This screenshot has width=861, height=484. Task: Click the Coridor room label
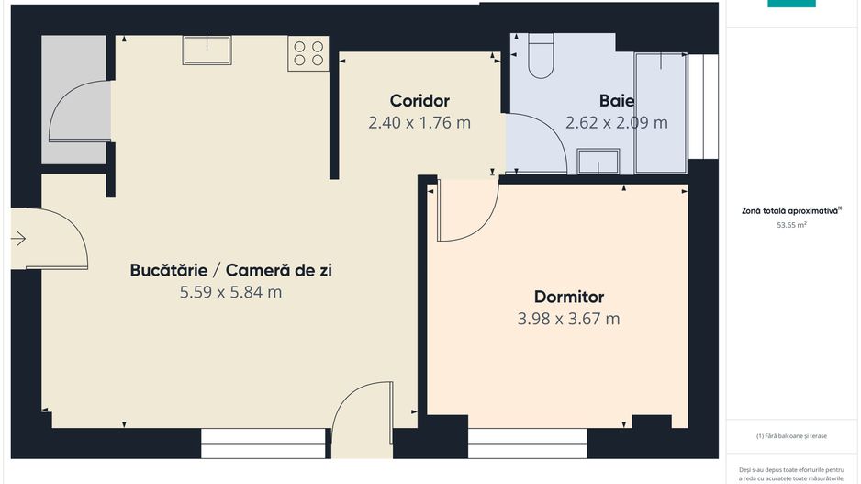pyautogui.click(x=419, y=101)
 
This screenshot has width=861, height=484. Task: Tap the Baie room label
pyautogui.click(x=616, y=101)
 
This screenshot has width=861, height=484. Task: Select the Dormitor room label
pyautogui.click(x=568, y=297)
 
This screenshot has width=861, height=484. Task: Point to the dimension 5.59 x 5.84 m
pyautogui.click(x=230, y=293)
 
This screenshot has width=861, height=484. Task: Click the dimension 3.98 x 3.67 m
pyautogui.click(x=568, y=319)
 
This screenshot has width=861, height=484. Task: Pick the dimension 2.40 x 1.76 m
pyautogui.click(x=419, y=122)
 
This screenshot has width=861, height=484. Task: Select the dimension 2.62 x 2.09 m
pyautogui.click(x=616, y=122)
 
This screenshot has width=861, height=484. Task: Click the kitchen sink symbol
pyautogui.click(x=207, y=50)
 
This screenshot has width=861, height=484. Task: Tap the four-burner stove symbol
pyautogui.click(x=308, y=54)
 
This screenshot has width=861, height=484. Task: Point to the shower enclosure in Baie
pyautogui.click(x=660, y=112)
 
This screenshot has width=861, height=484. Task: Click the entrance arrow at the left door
pyautogui.click(x=18, y=239)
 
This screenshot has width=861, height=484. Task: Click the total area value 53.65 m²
pyautogui.click(x=791, y=224)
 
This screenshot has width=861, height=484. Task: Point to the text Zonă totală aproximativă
pyautogui.click(x=790, y=210)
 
